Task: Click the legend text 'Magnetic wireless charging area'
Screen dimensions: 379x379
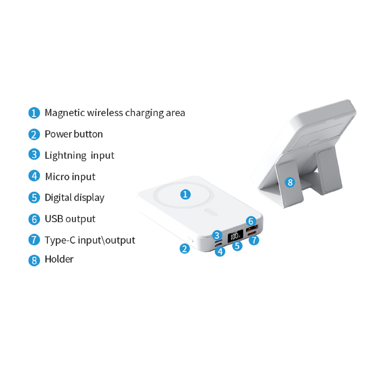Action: click(115, 113)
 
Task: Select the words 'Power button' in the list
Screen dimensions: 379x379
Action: click(74, 134)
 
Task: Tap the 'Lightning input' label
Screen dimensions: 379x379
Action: click(79, 155)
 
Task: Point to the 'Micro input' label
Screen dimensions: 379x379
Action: click(70, 177)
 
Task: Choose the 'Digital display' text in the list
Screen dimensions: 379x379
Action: click(75, 198)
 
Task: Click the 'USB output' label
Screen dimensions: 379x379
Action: click(70, 219)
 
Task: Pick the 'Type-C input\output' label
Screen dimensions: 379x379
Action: click(90, 240)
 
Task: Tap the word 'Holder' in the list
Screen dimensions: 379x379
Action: click(59, 259)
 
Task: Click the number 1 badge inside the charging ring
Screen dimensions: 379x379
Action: click(185, 194)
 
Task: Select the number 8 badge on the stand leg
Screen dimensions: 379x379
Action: click(290, 182)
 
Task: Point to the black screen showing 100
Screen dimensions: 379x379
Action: click(235, 236)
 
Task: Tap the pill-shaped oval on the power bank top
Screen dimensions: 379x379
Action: click(211, 212)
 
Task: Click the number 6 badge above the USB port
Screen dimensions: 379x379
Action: click(251, 221)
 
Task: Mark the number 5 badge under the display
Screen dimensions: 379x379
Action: click(237, 246)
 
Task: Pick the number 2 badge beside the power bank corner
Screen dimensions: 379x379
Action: click(185, 249)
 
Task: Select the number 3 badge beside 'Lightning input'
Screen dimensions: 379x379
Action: click(34, 154)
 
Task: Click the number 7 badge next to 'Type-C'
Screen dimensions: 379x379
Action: click(34, 240)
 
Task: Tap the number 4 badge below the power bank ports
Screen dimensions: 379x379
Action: click(220, 251)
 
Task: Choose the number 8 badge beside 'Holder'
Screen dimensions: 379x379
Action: click(34, 260)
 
